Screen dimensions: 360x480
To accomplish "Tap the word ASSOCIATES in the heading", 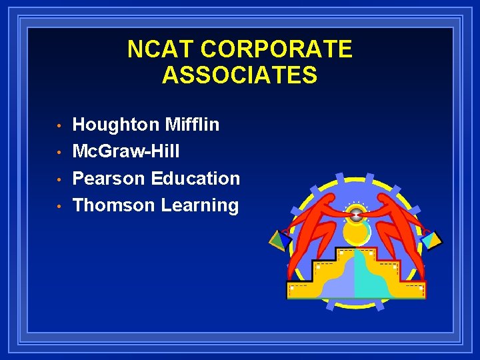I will (x=239, y=75).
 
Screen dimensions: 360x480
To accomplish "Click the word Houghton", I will (x=115, y=125).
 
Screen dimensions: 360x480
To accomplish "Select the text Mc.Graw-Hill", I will (x=125, y=151).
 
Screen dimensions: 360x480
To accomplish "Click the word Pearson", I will (x=109, y=179).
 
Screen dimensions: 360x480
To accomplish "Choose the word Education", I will (x=195, y=179).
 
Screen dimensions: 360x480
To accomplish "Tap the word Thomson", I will (x=113, y=205).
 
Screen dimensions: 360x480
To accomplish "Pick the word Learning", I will (x=200, y=205).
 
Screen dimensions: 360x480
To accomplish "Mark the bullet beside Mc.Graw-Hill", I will (x=59, y=153).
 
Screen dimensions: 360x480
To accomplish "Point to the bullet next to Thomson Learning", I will (x=59, y=207).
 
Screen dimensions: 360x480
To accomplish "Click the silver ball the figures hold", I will (x=357, y=214).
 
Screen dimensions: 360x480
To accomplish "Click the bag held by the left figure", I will (x=279, y=239).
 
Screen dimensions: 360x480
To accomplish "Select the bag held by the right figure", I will (x=432, y=239).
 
